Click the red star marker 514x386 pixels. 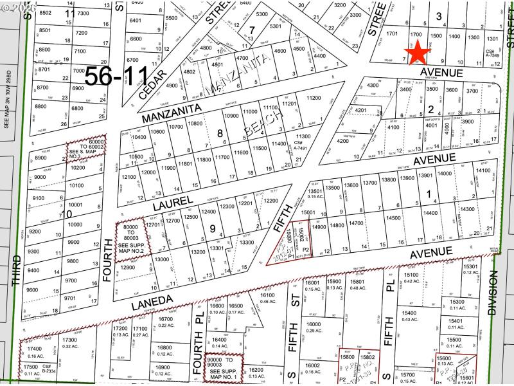pos(418,50)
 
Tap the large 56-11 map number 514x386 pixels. pos(121,76)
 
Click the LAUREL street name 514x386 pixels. pos(173,203)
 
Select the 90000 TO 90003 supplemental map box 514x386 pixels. pos(224,368)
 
